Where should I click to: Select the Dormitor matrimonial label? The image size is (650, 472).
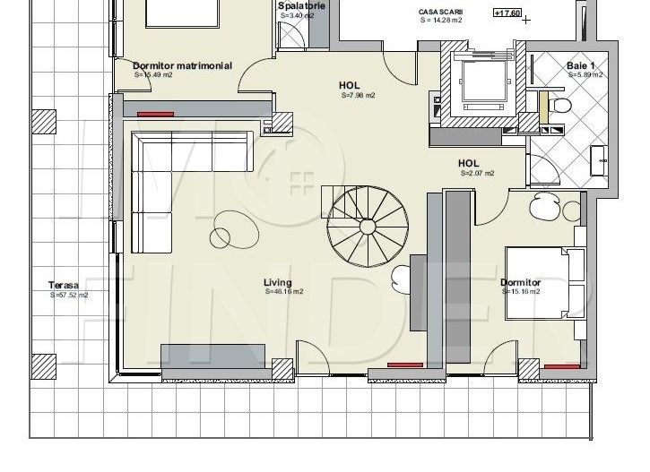pos(182,65)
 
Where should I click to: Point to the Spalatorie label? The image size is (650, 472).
pos(300,5)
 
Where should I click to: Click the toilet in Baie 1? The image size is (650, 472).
pos(561,106)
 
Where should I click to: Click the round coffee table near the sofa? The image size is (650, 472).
pos(221,237)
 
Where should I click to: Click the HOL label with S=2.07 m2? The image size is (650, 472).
pos(468,163)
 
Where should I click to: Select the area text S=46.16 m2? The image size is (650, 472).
pos(283,292)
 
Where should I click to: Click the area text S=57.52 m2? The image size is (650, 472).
pos(68,295)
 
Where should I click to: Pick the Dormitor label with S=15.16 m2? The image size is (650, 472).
pos(520,282)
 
